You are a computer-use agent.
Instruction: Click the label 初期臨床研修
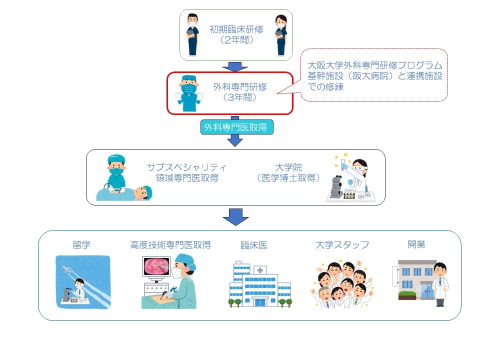point(236,29)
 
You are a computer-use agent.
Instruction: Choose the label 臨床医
point(254,245)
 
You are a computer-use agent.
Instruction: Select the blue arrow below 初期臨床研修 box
point(234,66)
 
